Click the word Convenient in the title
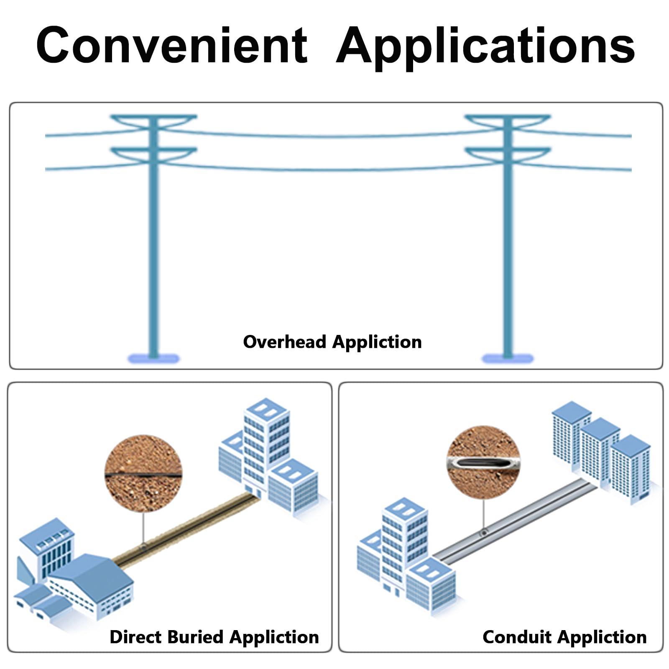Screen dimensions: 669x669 point(172,45)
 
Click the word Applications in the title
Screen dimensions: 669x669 point(485,46)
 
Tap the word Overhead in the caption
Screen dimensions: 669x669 point(285,342)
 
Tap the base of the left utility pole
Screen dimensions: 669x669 point(153,358)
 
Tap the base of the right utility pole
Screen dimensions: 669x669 point(508,358)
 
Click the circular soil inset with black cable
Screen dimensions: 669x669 point(143,473)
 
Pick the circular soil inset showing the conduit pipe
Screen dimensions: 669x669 point(483,462)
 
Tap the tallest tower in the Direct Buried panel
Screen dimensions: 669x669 point(266,443)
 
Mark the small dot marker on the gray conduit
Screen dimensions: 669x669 point(484,533)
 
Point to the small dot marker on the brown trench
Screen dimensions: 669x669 point(143,546)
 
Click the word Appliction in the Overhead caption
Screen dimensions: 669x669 point(377,342)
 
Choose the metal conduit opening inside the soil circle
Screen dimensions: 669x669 point(483,463)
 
